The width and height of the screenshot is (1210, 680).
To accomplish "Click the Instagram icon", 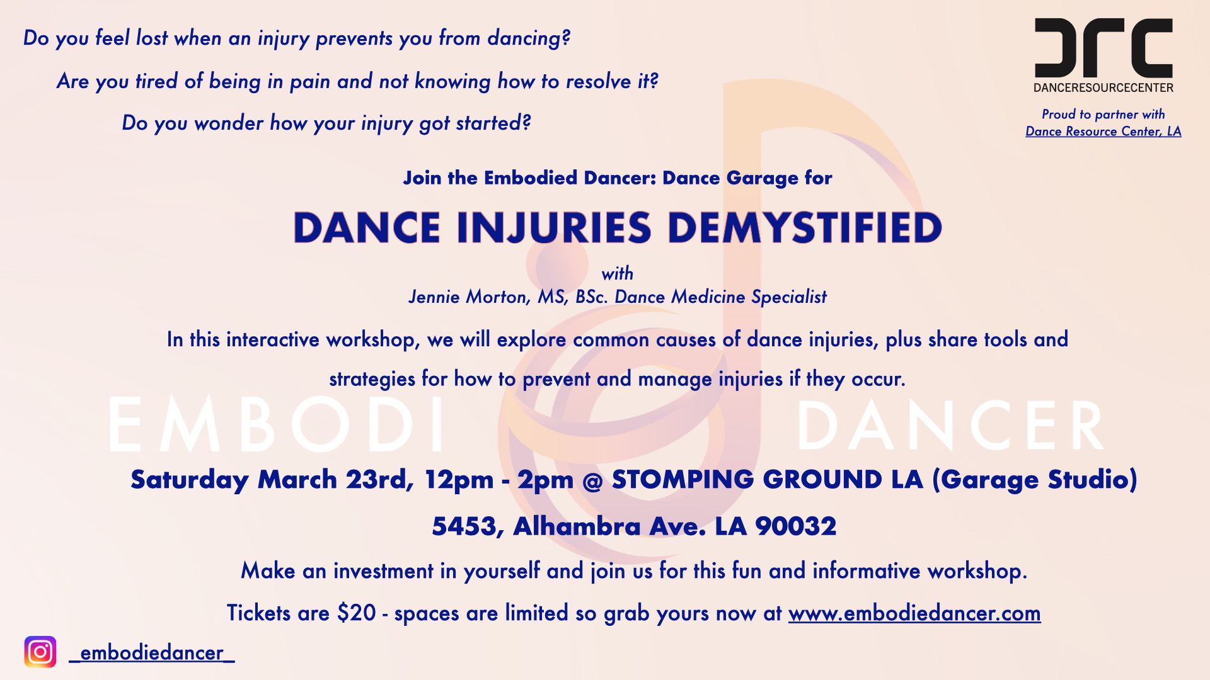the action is click(x=40, y=652).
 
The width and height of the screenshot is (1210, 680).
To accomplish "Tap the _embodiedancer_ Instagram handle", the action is click(x=152, y=653).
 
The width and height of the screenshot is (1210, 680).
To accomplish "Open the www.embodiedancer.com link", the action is click(x=914, y=613).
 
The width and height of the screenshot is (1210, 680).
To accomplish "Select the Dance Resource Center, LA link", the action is click(x=1103, y=132).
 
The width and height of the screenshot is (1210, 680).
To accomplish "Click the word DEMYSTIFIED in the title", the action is click(x=805, y=227).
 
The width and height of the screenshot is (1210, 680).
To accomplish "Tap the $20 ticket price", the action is click(x=357, y=613).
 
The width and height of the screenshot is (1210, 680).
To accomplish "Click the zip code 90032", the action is click(x=796, y=526).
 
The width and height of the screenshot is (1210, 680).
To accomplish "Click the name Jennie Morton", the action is click(x=470, y=297).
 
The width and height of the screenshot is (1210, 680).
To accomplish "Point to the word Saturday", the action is click(x=190, y=480).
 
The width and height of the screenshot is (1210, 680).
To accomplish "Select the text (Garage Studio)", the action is click(x=1035, y=480).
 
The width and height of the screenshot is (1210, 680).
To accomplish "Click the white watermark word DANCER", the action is click(x=952, y=426).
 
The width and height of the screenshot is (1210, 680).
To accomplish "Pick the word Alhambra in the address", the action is click(x=577, y=526).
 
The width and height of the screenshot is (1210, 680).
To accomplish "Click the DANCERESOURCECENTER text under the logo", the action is click(x=1103, y=88).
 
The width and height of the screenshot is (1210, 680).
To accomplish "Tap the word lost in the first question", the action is click(x=152, y=38).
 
